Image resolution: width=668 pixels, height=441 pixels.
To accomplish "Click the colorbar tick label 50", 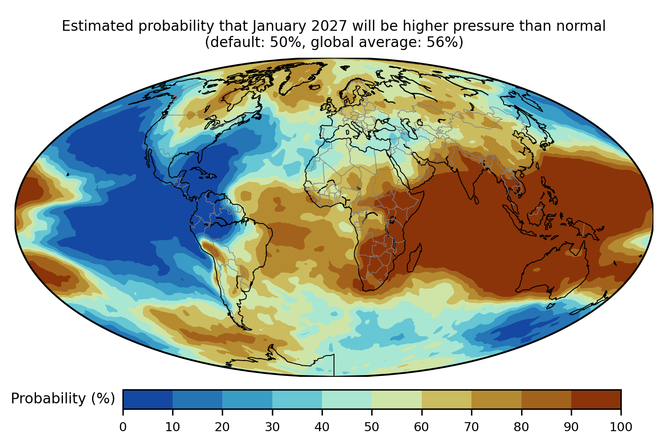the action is tap(372, 427).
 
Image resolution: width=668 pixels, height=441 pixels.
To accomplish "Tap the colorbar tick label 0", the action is tap(123, 427).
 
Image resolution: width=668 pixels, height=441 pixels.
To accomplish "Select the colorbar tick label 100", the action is tap(621, 427).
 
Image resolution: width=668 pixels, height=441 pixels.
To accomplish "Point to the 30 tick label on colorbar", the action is tap(272, 427).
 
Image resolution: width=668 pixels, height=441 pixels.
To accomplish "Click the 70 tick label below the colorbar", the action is tap(471, 427).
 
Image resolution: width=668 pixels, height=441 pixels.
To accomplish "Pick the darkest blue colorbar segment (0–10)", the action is tap(148, 399).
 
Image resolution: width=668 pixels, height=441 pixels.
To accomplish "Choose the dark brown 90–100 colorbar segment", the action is tap(596, 399).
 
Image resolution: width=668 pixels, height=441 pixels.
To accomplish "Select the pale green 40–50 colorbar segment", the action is tap(347, 399).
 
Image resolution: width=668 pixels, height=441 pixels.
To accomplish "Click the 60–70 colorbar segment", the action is tap(447, 399).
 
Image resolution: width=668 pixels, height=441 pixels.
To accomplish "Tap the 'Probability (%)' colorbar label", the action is tap(63, 399).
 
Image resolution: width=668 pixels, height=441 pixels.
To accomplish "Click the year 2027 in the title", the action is tap(329, 26).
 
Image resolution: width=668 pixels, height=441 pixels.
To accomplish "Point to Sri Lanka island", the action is tap(476, 199).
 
